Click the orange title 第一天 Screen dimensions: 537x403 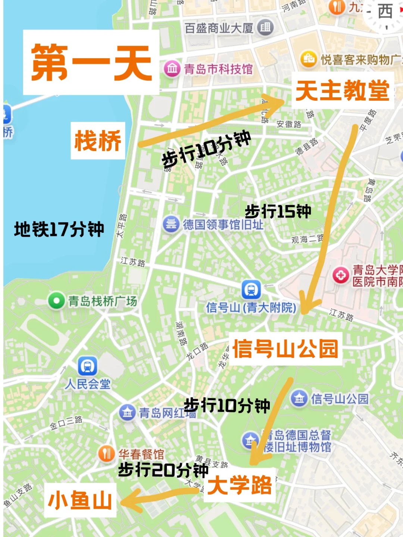point(91,62)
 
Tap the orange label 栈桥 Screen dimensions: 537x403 point(98,141)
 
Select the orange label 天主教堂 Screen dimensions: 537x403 point(342,91)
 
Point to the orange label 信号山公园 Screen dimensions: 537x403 point(285,349)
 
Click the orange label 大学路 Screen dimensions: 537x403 point(240,485)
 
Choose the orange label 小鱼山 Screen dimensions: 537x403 point(80,500)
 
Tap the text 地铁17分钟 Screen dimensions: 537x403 point(59,229)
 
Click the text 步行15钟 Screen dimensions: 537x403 point(278,211)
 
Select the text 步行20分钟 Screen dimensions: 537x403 point(163,470)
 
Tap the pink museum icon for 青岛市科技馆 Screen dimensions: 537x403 point(172,69)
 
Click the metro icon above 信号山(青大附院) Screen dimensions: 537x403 point(251,289)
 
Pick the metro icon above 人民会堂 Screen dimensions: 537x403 point(88,366)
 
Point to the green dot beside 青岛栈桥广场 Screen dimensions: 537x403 point(57,301)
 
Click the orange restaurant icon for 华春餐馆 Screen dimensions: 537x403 point(107,454)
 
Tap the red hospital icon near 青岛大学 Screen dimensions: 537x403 point(341,276)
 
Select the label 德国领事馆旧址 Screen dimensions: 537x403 point(223,225)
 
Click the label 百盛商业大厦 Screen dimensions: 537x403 point(219,28)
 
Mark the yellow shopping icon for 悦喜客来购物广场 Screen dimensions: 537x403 point(309,59)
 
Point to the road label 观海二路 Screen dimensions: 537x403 point(307,239)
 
